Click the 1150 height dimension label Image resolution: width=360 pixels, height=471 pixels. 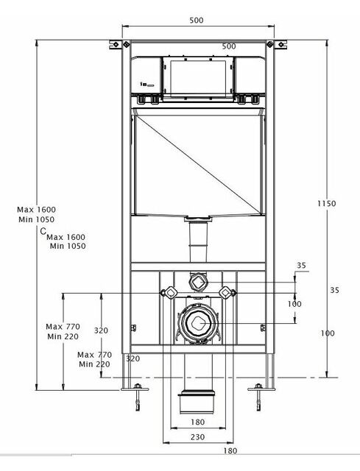click(327, 204)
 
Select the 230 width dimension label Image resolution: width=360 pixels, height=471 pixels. click(198, 437)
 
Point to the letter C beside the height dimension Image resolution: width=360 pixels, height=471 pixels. click(43, 231)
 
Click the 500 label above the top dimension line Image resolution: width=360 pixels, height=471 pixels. click(197, 20)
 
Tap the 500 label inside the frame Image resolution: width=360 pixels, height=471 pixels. click(229, 46)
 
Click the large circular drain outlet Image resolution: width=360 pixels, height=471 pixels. click(198, 322)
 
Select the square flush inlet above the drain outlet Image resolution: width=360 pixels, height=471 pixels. click(198, 282)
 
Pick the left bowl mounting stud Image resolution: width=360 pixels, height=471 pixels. click(169, 292)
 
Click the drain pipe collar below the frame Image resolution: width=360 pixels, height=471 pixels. click(197, 402)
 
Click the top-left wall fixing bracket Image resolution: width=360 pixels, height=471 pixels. click(119, 44)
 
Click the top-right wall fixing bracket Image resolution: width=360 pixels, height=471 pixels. click(277, 44)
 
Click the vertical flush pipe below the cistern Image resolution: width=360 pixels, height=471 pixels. click(198, 241)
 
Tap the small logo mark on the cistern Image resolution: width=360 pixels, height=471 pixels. click(147, 85)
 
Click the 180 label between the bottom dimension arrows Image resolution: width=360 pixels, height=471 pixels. click(198, 422)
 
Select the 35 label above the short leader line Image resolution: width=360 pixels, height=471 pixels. click(301, 265)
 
